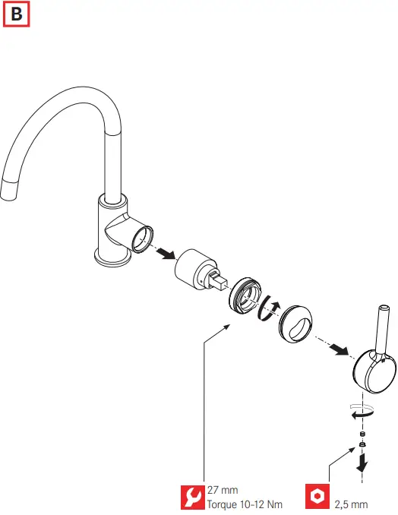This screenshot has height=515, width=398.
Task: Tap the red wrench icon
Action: (192, 497)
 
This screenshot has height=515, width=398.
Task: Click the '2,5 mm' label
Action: (351, 504)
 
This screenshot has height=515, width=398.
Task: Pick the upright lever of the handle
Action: (381, 328)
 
